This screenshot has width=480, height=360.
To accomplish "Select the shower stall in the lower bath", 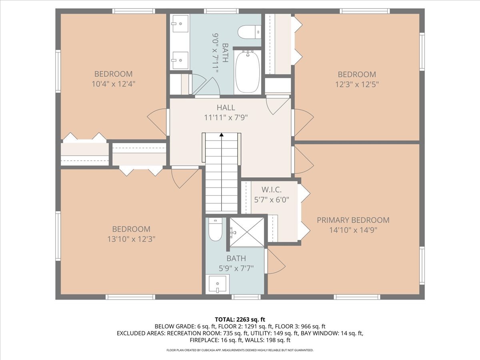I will coord(246,232).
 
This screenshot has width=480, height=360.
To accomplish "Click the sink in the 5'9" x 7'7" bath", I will coord(217,284).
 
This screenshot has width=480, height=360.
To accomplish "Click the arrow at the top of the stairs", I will coord(221,135).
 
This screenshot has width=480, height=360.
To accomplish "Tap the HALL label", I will coord(226,108).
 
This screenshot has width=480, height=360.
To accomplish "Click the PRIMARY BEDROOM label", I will coord(353,220).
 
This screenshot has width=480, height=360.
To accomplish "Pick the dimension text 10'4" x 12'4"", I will coord(113,84).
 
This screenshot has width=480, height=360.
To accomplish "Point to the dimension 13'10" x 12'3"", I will coord(131,239).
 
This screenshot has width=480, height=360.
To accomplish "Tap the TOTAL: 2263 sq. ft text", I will coord(240,319).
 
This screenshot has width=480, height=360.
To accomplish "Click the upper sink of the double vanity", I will coord(180,24).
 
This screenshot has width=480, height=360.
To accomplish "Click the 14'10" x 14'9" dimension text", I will coord(353,230).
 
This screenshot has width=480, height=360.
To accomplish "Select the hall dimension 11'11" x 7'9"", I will coord(226,118).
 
